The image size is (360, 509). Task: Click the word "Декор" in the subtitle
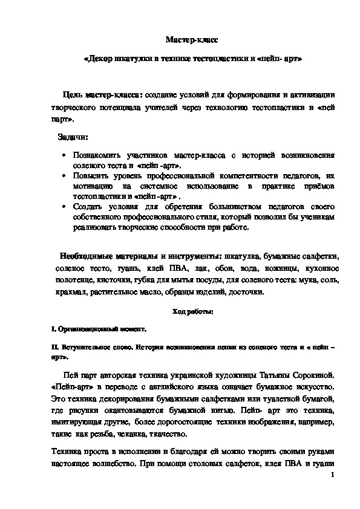100,60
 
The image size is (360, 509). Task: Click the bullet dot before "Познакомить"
64,155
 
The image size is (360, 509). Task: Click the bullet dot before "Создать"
64,207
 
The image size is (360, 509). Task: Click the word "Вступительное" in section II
83,348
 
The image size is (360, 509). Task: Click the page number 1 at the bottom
334,476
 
